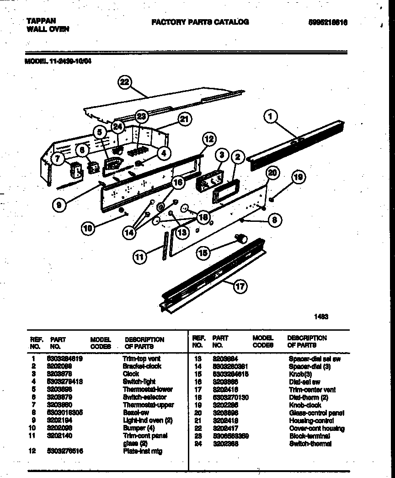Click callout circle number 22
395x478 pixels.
[x=124, y=82]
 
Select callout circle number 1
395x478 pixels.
[x=271, y=117]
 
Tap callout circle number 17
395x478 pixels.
[x=240, y=287]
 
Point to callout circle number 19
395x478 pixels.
[x=298, y=177]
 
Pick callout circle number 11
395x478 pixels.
[x=140, y=258]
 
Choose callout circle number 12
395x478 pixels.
[x=208, y=138]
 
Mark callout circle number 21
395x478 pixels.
[x=184, y=119]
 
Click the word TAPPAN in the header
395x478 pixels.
[x=41, y=21]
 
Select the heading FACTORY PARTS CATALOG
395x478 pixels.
[x=200, y=21]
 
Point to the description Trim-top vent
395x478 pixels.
[x=142, y=359]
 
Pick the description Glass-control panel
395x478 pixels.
[x=316, y=413]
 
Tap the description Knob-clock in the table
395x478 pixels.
[x=305, y=405]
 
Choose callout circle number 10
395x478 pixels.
[x=90, y=228]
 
